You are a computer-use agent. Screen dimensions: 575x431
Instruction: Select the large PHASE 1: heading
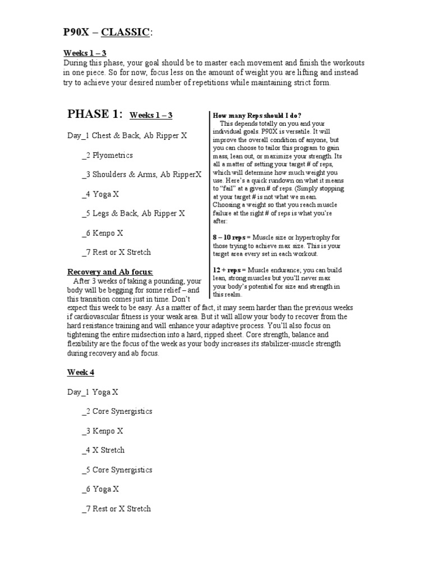(94, 115)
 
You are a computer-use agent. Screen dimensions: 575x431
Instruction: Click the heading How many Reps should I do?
(257, 115)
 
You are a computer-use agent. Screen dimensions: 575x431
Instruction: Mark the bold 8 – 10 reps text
(230, 238)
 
